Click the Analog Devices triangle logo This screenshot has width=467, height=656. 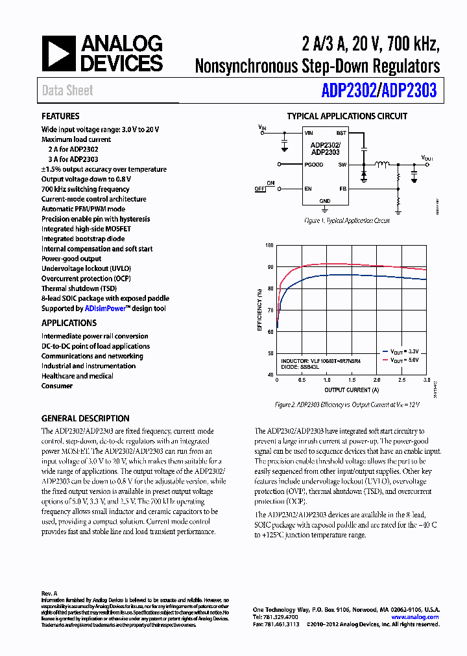pyautogui.click(x=58, y=54)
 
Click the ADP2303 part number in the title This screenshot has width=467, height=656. pyautogui.click(x=409, y=91)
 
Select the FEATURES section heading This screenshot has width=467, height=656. pyautogui.click(x=60, y=116)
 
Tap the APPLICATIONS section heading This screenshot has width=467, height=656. pyautogui.click(x=69, y=323)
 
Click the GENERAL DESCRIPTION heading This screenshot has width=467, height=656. pyautogui.click(x=85, y=418)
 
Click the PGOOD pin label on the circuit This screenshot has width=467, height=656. pyautogui.click(x=314, y=165)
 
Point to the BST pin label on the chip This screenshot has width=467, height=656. pyautogui.click(x=341, y=132)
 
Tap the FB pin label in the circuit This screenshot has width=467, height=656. pyautogui.click(x=342, y=189)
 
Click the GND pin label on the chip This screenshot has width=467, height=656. pyautogui.click(x=325, y=201)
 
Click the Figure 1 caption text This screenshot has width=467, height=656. pyautogui.click(x=347, y=221)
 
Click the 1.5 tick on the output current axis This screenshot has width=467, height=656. pyautogui.click(x=352, y=380)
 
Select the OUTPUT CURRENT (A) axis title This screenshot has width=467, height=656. pyautogui.click(x=352, y=390)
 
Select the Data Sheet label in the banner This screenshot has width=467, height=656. pyautogui.click(x=67, y=91)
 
